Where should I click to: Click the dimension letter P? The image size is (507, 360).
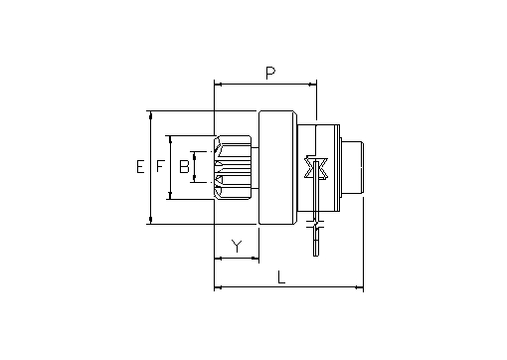pyautogui.click(x=270, y=73)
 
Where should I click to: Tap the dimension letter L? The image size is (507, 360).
pyautogui.click(x=281, y=277)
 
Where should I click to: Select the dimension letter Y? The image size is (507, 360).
pyautogui.click(x=237, y=246)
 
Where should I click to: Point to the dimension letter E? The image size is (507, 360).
pyautogui.click(x=140, y=166)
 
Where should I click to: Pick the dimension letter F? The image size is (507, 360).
pyautogui.click(x=160, y=166)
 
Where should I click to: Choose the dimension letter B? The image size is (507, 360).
pyautogui.click(x=184, y=166)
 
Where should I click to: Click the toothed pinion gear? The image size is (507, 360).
pyautogui.click(x=233, y=167)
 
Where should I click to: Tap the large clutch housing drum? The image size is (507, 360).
pyautogui.click(x=277, y=167)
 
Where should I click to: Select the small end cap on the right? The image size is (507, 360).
pyautogui.click(x=353, y=167)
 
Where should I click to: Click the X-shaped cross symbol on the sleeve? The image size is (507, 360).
pyautogui.click(x=316, y=168)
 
